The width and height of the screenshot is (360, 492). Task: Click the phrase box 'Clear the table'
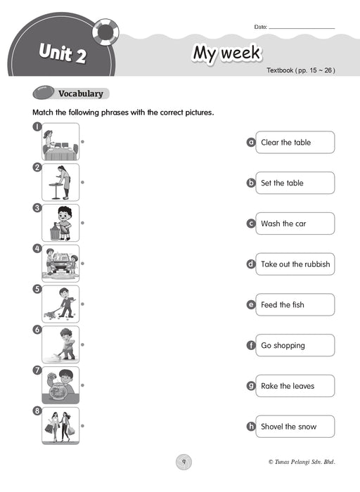coord(295,143)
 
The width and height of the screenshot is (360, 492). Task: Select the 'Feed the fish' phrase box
coord(295,304)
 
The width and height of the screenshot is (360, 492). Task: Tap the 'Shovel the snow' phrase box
coord(295,427)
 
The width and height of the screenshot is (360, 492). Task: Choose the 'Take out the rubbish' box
coord(295,264)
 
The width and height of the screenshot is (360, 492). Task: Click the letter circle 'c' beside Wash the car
coord(251,224)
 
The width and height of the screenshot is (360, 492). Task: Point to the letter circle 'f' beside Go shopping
coord(251,345)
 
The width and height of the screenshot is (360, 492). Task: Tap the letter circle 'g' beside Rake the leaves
coord(251,386)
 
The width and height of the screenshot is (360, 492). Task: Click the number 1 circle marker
coord(37,127)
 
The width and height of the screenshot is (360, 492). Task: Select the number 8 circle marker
coord(37,410)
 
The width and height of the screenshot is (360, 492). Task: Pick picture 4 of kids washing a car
coord(60,264)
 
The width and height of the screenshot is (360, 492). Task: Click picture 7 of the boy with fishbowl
coord(60,385)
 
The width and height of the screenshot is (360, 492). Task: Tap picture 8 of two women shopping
coord(60,426)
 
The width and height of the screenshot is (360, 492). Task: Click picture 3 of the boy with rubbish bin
coord(60,223)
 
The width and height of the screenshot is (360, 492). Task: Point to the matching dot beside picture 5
coord(82,304)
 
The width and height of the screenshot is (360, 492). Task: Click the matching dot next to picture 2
coord(82,182)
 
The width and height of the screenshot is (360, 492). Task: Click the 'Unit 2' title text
coord(63,53)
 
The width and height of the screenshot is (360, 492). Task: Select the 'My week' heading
coord(226,53)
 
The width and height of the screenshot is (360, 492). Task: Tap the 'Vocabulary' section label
coord(81,93)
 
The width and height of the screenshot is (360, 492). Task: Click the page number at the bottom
coord(184,462)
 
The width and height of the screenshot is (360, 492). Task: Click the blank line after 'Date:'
coord(302,29)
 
